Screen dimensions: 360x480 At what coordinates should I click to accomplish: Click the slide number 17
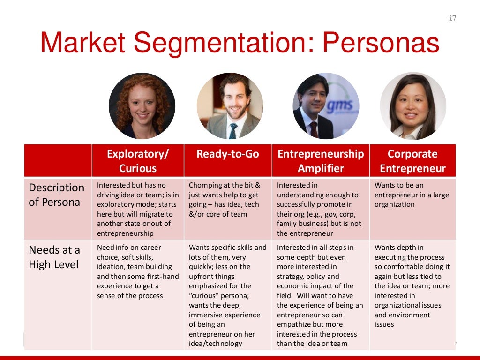click(452, 18)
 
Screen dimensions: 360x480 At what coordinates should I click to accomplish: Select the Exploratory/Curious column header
click(138, 161)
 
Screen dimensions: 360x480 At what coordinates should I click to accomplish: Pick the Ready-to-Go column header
click(228, 154)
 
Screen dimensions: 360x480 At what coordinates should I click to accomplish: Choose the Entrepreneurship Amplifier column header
click(321, 161)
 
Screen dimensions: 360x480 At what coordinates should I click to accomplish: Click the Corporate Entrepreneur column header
click(412, 161)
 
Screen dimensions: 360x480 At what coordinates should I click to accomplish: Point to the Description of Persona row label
click(56, 195)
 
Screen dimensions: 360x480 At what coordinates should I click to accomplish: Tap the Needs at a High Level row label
click(54, 257)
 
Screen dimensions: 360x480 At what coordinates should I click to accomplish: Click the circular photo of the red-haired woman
click(142, 106)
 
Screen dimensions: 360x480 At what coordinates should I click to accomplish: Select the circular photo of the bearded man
click(230, 106)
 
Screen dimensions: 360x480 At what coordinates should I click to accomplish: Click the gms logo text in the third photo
click(339, 107)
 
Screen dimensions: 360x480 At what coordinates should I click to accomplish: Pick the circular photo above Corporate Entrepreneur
click(413, 106)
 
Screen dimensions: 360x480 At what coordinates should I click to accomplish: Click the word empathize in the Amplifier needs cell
click(294, 324)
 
